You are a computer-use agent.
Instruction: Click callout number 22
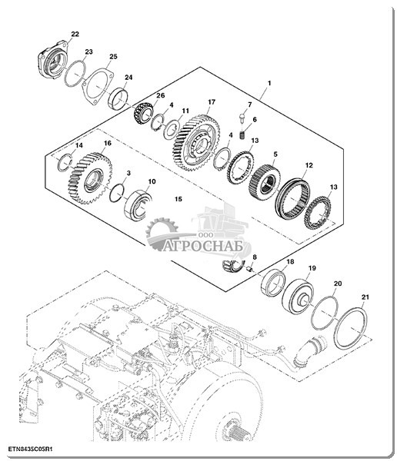(75, 34)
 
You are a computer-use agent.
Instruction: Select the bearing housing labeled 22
(53, 61)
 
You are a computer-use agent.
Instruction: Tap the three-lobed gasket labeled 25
(98, 86)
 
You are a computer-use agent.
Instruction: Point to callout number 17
(212, 102)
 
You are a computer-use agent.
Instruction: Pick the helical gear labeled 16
(91, 178)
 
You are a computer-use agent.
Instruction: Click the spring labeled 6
(242, 135)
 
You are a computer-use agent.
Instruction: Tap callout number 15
(178, 199)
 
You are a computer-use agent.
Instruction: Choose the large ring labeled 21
(351, 328)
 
